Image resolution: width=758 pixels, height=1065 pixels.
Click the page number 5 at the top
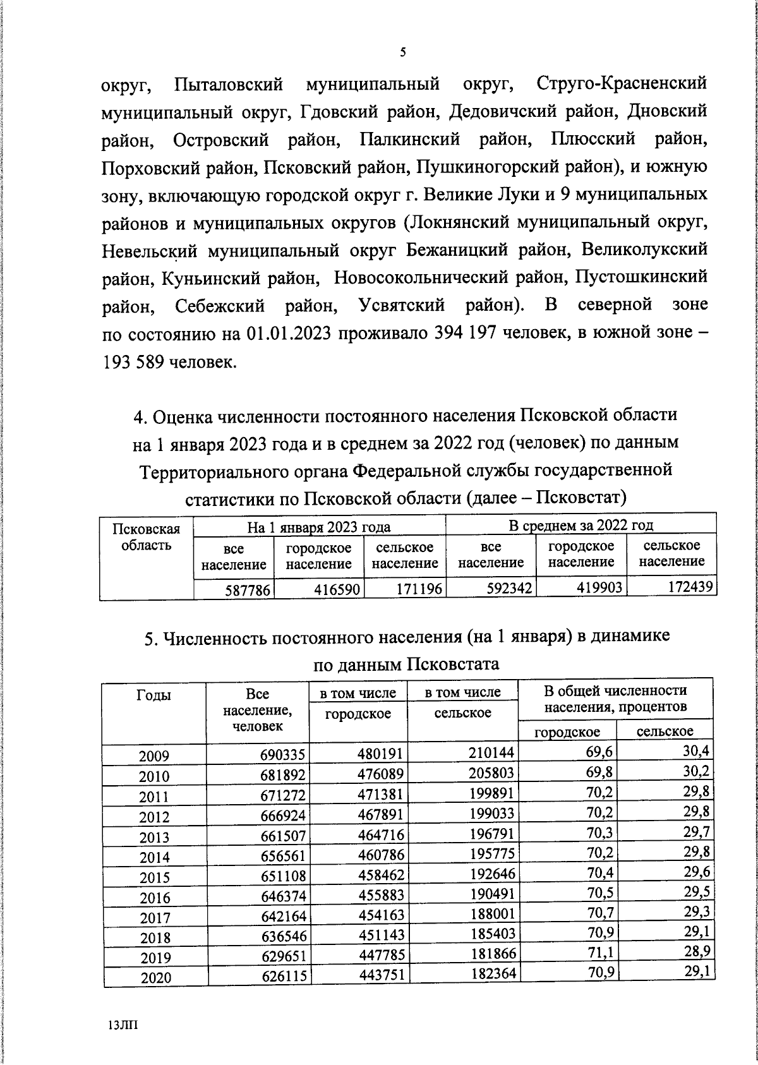402,53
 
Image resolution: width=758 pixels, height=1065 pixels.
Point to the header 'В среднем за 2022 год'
581,525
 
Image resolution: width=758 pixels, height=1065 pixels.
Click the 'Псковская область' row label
146,537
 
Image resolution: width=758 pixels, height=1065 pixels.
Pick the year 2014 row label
155,858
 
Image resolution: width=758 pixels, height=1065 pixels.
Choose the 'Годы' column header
153,695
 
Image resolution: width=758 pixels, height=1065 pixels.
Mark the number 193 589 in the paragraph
132,362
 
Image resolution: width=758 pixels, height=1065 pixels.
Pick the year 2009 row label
155,756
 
